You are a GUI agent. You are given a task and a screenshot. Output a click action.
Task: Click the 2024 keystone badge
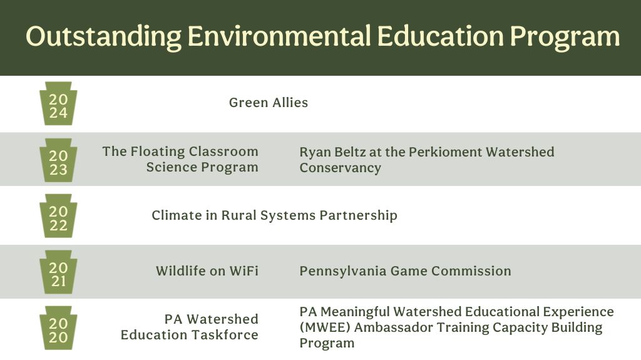click(x=58, y=103)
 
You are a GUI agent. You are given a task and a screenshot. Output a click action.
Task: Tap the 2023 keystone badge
click(x=58, y=160)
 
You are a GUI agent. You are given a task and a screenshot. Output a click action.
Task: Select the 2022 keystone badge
click(x=58, y=216)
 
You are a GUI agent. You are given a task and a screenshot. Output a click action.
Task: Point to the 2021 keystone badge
click(x=58, y=272)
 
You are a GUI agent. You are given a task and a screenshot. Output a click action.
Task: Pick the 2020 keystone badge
click(x=58, y=328)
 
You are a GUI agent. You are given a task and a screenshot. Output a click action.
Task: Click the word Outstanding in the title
click(x=104, y=37)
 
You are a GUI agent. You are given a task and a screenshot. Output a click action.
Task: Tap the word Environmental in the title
click(x=279, y=36)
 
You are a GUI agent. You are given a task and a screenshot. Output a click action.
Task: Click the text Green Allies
click(x=268, y=102)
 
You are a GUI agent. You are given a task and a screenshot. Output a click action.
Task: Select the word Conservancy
click(x=340, y=168)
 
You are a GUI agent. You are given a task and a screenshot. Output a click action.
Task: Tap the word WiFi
click(x=244, y=271)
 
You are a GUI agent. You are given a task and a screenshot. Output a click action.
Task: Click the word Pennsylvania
click(x=342, y=271)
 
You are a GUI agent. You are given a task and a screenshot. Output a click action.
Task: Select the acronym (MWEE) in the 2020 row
click(x=325, y=327)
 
